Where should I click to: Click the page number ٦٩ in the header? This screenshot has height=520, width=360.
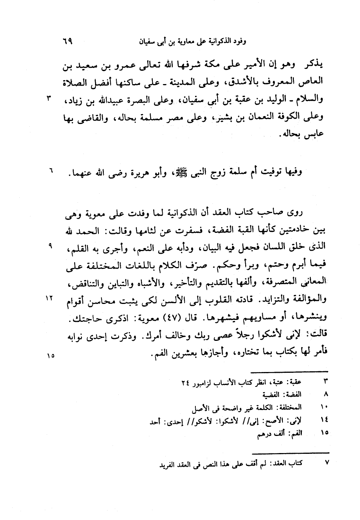coord(69,41)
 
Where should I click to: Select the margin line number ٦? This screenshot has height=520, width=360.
coord(49,172)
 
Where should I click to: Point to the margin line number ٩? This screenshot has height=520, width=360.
coord(49,246)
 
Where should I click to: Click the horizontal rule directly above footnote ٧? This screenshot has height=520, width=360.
coord(290,453)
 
